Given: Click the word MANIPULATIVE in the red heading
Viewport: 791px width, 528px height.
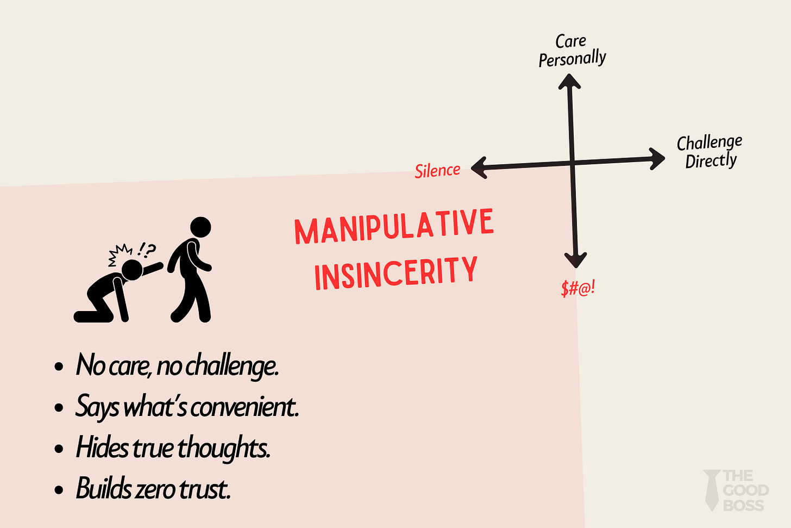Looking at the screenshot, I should click(x=394, y=226).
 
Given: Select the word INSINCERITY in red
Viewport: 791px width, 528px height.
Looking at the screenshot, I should click(x=395, y=273).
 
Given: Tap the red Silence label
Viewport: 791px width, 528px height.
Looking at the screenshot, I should click(x=437, y=171).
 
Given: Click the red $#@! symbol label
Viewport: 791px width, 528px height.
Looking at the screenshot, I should click(x=578, y=288).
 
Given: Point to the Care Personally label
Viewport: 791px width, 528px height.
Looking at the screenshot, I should click(x=572, y=50).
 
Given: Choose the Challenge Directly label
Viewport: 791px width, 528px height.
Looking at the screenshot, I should click(x=710, y=152).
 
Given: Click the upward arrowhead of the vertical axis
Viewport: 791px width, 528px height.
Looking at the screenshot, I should click(x=569, y=81).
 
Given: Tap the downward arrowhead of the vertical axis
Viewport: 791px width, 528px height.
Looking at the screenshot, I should click(x=575, y=260).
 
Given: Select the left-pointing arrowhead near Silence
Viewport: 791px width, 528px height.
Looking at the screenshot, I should click(x=479, y=167).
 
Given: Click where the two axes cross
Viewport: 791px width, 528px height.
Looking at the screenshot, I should click(x=573, y=163).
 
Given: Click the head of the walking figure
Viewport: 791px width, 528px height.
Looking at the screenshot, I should click(x=200, y=227).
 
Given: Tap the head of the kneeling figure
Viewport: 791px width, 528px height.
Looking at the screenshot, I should click(x=132, y=270).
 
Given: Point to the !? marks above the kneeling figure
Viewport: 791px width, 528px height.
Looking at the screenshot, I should click(x=146, y=250).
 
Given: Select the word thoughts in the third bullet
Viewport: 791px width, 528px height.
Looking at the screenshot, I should click(x=223, y=448).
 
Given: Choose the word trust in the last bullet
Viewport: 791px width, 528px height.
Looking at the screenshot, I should click(x=205, y=489).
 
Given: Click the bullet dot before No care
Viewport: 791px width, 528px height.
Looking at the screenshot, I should click(x=59, y=367).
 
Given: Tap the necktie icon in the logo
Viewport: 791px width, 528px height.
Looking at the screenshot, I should click(x=711, y=490).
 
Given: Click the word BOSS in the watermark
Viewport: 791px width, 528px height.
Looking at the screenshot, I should click(x=743, y=505).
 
